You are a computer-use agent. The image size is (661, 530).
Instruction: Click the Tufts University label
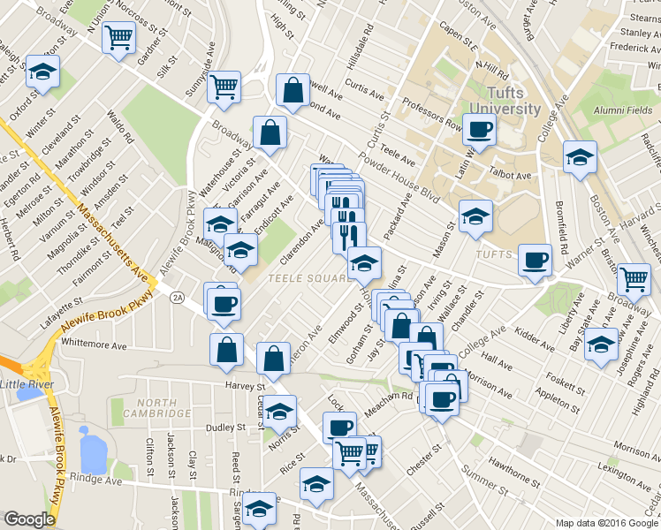click(505, 102)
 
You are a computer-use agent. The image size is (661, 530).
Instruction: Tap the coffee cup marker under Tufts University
click(479, 129)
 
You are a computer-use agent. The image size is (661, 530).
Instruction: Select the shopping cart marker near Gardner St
click(118, 38)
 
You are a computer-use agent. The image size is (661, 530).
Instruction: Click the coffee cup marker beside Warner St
click(535, 260)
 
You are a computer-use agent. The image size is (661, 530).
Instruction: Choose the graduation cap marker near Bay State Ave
click(602, 344)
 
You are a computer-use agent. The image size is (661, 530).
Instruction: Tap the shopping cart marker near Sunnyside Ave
click(224, 86)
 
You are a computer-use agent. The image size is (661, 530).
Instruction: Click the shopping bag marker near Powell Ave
click(293, 88)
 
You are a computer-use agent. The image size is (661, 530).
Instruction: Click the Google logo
click(29, 519)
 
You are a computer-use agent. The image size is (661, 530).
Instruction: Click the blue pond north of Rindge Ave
click(92, 450)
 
